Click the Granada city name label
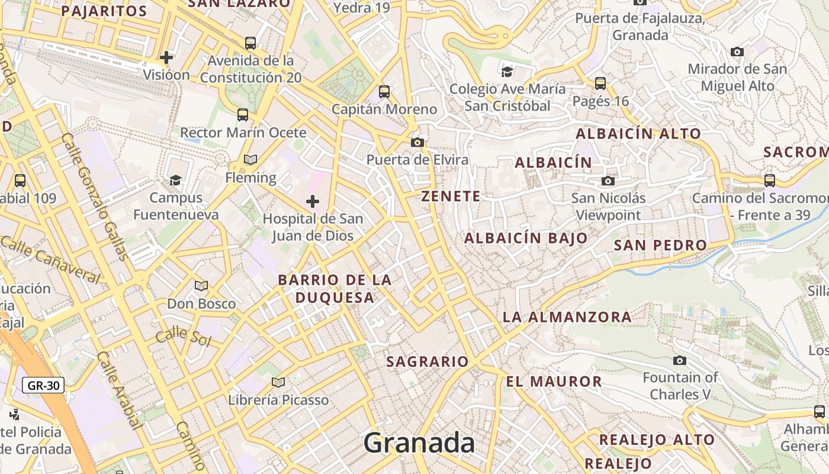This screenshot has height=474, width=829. click(x=419, y=443)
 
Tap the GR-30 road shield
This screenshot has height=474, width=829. click(x=44, y=386)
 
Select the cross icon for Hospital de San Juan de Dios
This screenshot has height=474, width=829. click(x=313, y=201)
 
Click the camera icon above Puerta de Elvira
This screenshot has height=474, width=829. click(x=417, y=142)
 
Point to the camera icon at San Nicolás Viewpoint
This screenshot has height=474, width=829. click(x=608, y=181)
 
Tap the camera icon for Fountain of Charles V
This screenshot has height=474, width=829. click(x=680, y=360)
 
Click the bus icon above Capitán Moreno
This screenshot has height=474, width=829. click(x=384, y=92)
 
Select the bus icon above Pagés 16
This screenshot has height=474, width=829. click(x=600, y=84)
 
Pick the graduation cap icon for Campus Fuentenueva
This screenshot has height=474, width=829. click(x=175, y=180)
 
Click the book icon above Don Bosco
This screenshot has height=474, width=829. click(x=201, y=286)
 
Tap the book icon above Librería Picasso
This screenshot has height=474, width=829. click(x=278, y=382)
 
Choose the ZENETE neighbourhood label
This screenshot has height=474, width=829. click(x=451, y=197)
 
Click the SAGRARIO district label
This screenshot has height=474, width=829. click(x=428, y=361)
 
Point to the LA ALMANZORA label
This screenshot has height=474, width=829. click(x=567, y=317)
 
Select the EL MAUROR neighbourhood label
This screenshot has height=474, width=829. click(x=554, y=382)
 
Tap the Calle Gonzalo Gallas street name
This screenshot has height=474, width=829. click(x=95, y=196)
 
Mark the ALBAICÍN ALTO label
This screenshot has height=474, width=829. click(x=639, y=134)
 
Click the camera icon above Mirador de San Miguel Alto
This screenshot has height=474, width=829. click(x=737, y=52)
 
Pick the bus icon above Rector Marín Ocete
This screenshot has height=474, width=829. click(x=243, y=115)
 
